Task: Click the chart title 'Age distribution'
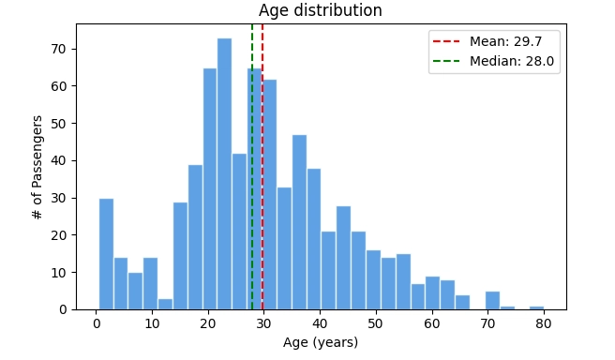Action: click(320, 11)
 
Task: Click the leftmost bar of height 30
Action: click(106, 254)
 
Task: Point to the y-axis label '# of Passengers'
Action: click(37, 168)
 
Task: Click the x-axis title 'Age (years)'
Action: click(321, 342)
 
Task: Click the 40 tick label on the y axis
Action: click(59, 160)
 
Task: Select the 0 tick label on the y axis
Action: click(63, 309)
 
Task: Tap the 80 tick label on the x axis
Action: click(544, 323)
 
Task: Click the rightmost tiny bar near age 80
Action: click(536, 307)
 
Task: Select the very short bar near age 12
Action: click(165, 304)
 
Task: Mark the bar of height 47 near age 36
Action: click(299, 222)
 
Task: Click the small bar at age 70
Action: click(492, 301)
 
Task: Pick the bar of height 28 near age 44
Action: click(343, 258)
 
